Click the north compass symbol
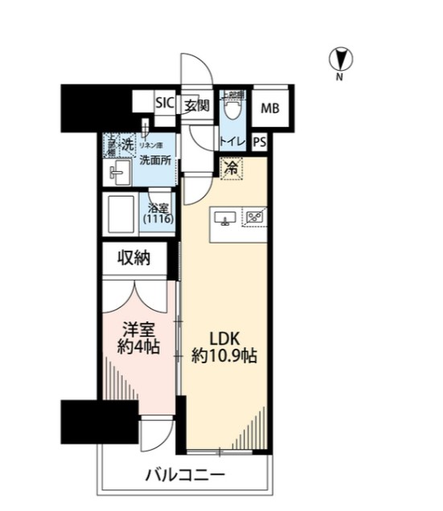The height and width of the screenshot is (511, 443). (341, 59)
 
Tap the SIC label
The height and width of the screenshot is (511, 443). (164, 103)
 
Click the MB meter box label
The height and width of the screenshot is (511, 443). (269, 108)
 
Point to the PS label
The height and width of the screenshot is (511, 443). (259, 141)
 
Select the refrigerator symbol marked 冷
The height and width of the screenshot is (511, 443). (231, 169)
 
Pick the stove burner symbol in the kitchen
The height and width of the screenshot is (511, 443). (255, 216)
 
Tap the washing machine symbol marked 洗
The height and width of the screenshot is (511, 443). (127, 145)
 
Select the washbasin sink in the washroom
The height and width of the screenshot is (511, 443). (120, 172)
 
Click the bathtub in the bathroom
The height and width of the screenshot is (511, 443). (121, 213)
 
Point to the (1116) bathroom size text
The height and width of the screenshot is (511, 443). (158, 219)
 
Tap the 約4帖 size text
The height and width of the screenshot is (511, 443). (137, 347)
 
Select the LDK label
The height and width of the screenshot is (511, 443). (223, 337)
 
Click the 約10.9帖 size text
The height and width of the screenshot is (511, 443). (224, 356)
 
